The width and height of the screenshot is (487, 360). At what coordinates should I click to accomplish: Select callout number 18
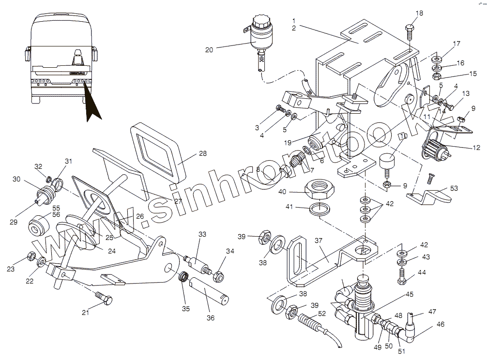(419, 13)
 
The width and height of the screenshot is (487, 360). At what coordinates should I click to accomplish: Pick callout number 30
(17, 179)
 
